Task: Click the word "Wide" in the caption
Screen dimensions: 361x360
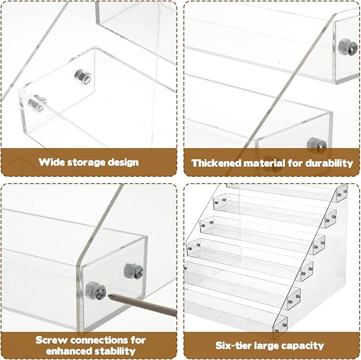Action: pyautogui.click(x=48, y=162)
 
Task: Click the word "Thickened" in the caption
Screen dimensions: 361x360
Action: pyautogui.click(x=216, y=163)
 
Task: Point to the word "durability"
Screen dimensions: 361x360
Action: pyautogui.click(x=329, y=163)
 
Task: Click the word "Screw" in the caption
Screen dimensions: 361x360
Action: pyautogui.click(x=53, y=340)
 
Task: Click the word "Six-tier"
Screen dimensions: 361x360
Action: pyautogui.click(x=232, y=346)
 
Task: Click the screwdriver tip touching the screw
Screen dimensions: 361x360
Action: pyautogui.click(x=108, y=294)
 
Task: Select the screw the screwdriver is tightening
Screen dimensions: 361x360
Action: pyautogui.click(x=96, y=290)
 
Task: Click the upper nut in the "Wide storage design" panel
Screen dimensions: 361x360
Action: pyautogui.click(x=83, y=77)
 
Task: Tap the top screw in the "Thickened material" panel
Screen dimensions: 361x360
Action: pyautogui.click(x=348, y=47)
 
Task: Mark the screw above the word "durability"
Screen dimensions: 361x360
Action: pyautogui.click(x=317, y=145)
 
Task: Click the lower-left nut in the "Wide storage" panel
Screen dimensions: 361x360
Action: pyautogui.click(x=38, y=103)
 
